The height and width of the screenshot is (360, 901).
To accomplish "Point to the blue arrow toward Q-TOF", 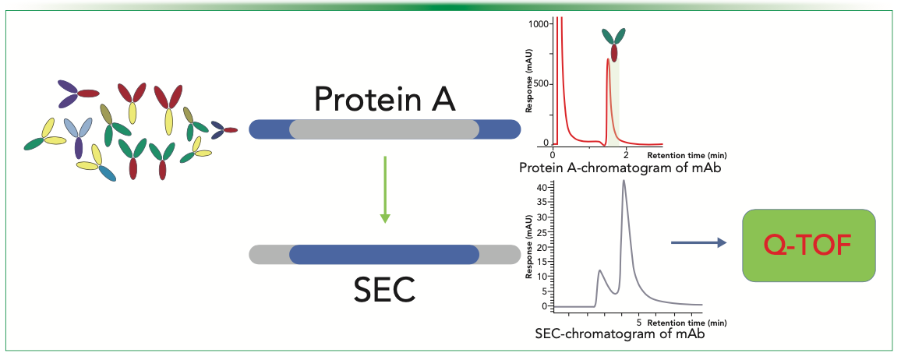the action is pyautogui.click(x=698, y=243).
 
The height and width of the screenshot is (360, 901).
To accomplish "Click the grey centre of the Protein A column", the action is pyautogui.click(x=384, y=129).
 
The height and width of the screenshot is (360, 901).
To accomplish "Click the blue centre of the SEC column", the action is pyautogui.click(x=384, y=254).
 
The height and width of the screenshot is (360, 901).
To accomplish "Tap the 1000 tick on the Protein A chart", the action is pyautogui.click(x=538, y=23).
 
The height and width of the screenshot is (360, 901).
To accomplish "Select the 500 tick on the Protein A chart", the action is pyautogui.click(x=541, y=83).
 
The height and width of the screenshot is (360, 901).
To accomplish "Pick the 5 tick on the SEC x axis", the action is pyautogui.click(x=638, y=321).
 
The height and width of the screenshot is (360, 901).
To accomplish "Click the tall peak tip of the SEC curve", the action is pyautogui.click(x=624, y=182).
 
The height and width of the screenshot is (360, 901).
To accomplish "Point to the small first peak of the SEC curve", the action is pyautogui.click(x=599, y=271).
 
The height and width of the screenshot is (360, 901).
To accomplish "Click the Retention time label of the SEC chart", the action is pyautogui.click(x=675, y=321).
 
